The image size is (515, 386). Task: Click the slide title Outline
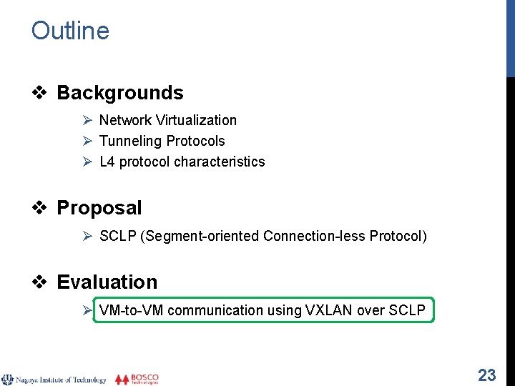pos(70,31)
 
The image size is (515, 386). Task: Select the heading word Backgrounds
pos(119,93)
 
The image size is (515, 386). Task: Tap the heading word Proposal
pos(99,208)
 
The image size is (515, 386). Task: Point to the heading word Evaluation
pos(107,282)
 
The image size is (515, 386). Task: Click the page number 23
pos(486,375)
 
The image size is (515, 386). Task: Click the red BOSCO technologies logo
pos(137,379)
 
